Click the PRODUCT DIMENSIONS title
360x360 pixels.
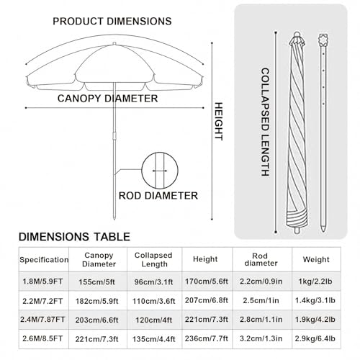(112, 22)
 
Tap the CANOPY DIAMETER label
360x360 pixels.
(107, 99)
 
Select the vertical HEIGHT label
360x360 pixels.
(218, 121)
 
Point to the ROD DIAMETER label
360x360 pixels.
(158, 196)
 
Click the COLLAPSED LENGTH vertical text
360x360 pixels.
(265, 122)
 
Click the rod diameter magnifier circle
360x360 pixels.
(160, 171)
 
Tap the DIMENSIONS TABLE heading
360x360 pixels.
(74, 237)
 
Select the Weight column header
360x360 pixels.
(316, 259)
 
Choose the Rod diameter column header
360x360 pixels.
(261, 259)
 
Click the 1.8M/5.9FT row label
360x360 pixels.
(42, 282)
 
